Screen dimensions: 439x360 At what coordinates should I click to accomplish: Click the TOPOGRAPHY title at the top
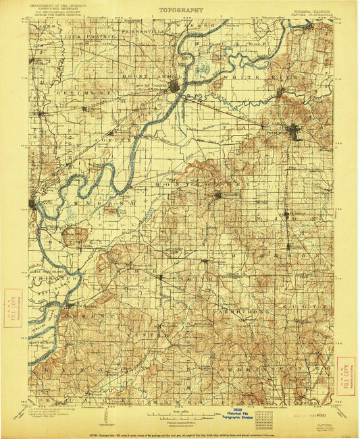click(x=181, y=11)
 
